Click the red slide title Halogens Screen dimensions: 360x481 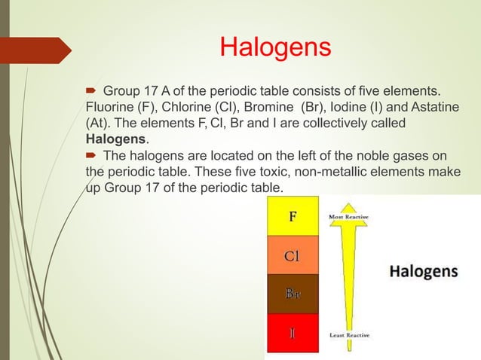click(275, 48)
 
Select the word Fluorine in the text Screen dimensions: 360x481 click(112, 105)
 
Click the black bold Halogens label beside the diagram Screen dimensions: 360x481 click(423, 270)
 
